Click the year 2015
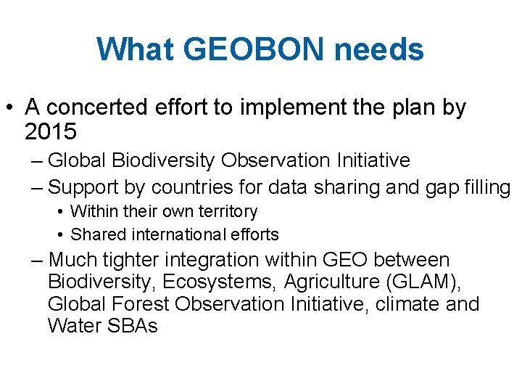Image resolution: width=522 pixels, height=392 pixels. pyautogui.click(x=50, y=132)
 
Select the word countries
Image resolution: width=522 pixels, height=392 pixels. pyautogui.click(x=191, y=187)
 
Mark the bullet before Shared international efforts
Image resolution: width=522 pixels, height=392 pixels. pyautogui.click(x=60, y=235)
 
